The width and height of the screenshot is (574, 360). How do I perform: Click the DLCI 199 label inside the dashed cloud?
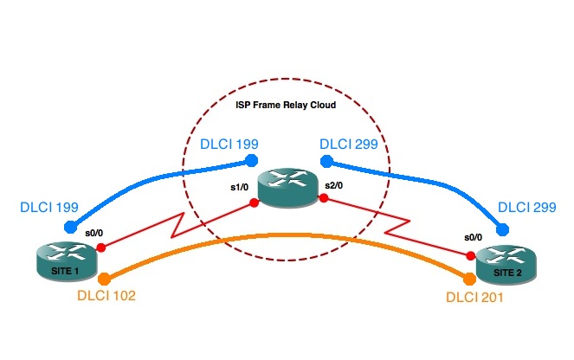point(229,144)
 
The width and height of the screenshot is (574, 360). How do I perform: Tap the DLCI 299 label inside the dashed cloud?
point(349,144)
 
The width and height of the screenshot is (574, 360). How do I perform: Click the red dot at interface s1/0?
point(254,204)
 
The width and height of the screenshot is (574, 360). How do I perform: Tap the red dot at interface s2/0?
point(322,198)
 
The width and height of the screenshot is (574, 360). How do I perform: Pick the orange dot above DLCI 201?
point(470,280)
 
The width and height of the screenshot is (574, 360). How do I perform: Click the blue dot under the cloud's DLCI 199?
point(251,160)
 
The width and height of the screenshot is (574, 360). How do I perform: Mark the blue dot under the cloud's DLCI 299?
point(326,160)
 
